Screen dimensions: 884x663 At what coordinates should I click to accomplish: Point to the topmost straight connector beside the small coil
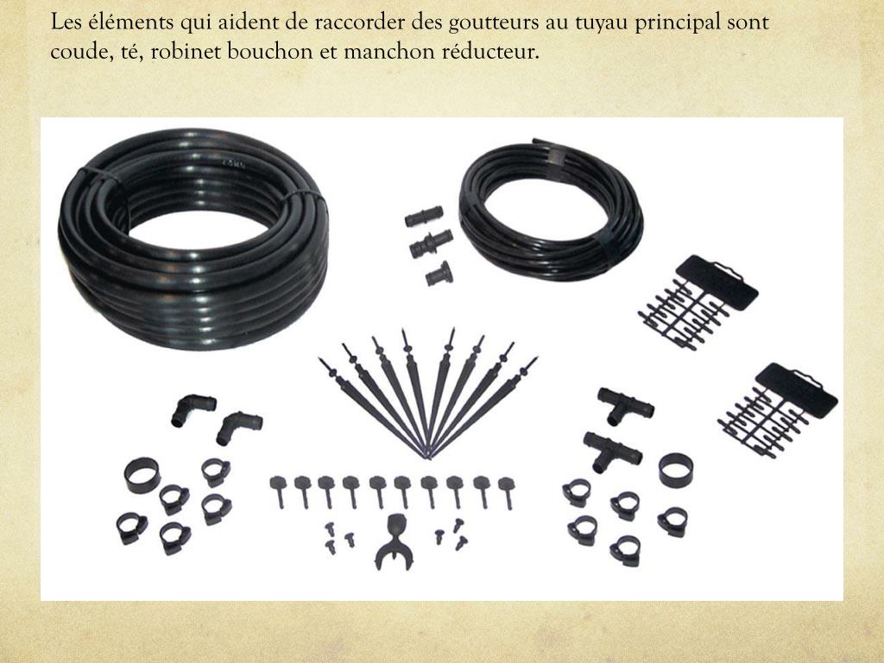click(x=423, y=217)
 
